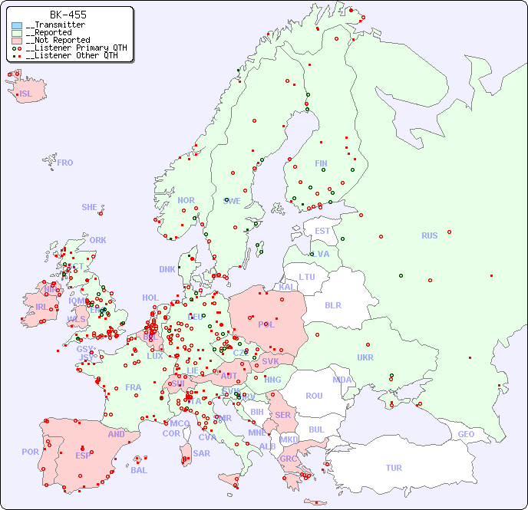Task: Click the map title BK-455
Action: pos(68,15)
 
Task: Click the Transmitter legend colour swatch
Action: pos(17,25)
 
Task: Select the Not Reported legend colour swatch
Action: pos(17,41)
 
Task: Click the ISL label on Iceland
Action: pos(26,94)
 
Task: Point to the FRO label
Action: pos(65,163)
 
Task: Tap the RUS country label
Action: pos(429,235)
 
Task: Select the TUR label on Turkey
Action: pos(394,468)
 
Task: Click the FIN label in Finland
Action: pos(321,163)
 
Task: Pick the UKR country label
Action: pos(365,357)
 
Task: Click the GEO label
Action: pos(466,434)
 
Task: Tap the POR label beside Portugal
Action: pos(30,452)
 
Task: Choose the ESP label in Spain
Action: pos(83,455)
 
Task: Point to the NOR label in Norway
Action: pos(186,200)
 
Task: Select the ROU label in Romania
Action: pos(314,396)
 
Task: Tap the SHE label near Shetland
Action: pos(90,207)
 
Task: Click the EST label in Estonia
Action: pos(322,231)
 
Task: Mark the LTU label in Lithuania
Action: pos(307,277)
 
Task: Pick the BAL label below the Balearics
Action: pos(138,470)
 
